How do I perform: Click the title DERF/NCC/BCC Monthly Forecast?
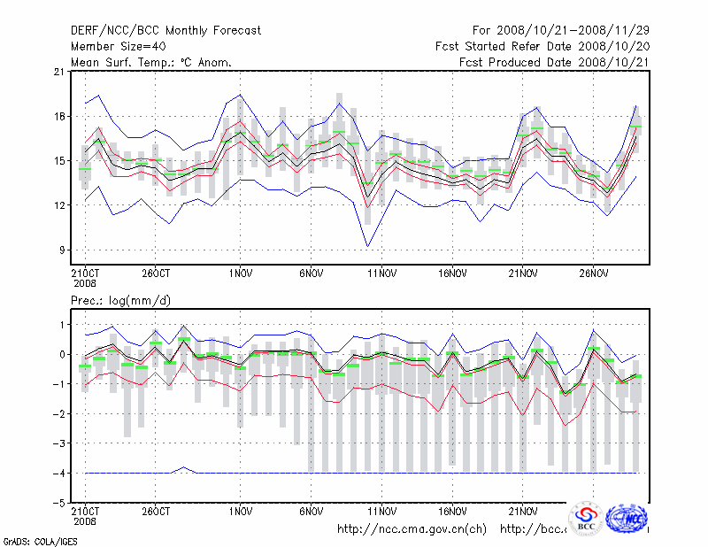point(165,30)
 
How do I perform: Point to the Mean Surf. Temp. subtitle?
point(151,62)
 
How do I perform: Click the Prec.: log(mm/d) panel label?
point(120,301)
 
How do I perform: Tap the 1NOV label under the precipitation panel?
point(242,511)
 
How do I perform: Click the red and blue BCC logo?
point(586,519)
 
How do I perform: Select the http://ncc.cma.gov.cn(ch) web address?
point(412,529)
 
